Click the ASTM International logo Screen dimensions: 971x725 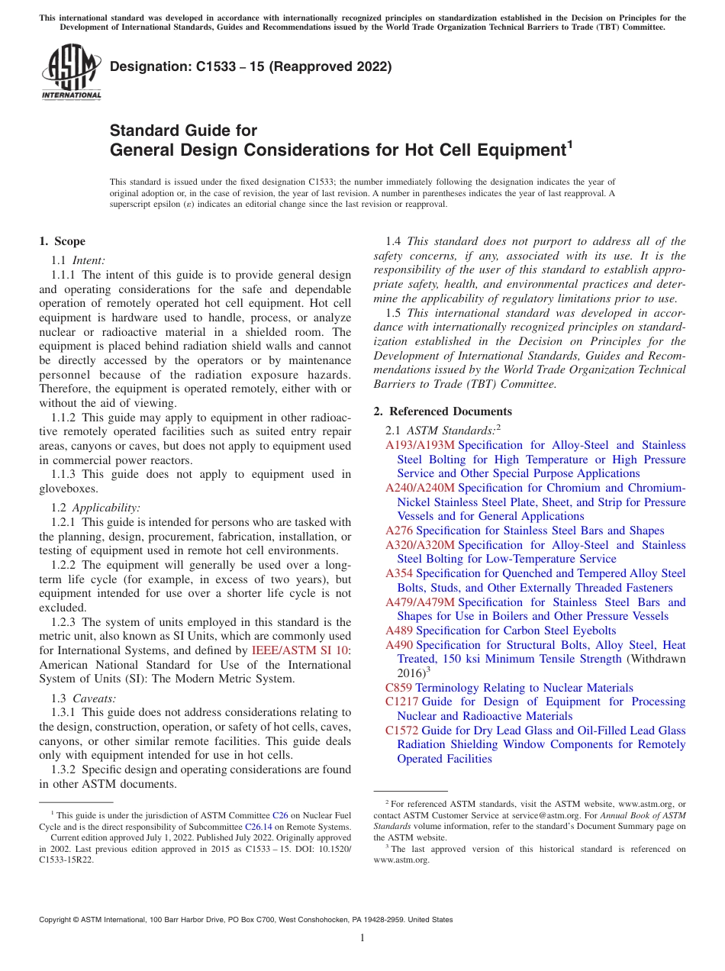(x=70, y=73)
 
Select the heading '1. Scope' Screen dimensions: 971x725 (x=63, y=241)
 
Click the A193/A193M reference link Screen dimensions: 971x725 (x=420, y=445)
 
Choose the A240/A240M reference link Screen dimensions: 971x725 (x=420, y=488)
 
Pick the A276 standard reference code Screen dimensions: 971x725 (x=399, y=531)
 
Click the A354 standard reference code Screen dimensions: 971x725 (x=399, y=573)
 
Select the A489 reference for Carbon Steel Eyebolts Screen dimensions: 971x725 (x=399, y=631)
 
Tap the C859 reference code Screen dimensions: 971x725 (x=398, y=688)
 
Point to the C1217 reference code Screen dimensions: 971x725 (x=401, y=702)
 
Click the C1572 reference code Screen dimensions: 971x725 (x=401, y=731)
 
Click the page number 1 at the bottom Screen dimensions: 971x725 (x=362, y=938)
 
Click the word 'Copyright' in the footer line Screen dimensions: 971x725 (x=56, y=920)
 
